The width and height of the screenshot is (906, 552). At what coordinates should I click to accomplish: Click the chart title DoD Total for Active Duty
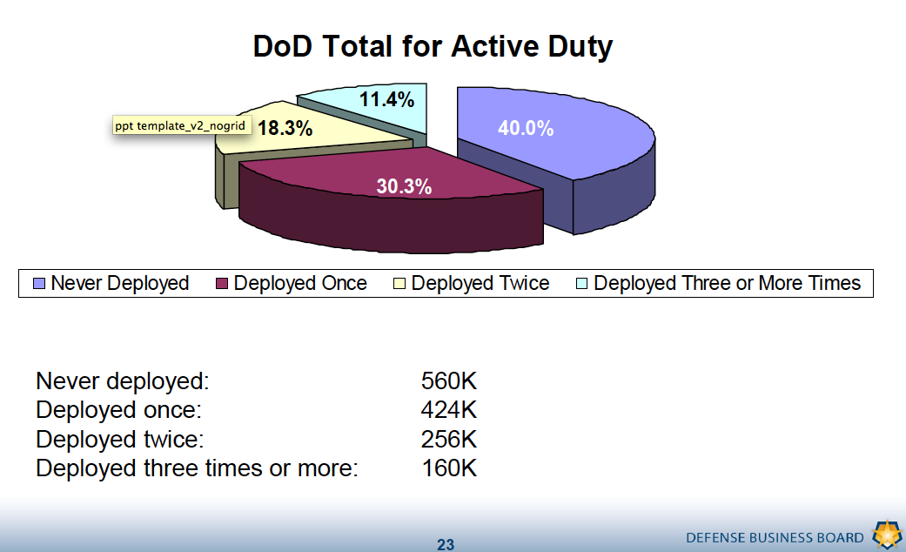(x=433, y=46)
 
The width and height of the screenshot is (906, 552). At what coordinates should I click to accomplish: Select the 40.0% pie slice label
(x=526, y=128)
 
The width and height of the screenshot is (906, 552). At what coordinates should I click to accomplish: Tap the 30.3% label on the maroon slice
(x=404, y=186)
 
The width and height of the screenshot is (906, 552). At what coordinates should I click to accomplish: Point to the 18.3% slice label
(x=285, y=128)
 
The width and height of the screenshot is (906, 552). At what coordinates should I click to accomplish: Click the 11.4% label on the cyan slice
(x=386, y=99)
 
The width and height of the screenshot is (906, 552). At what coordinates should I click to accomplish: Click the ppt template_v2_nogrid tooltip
(x=180, y=125)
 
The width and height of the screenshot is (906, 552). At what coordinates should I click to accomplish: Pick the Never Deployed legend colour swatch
(x=39, y=284)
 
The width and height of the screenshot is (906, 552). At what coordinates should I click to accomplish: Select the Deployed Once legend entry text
(x=300, y=284)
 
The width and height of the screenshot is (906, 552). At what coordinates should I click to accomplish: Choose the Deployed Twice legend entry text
(x=480, y=284)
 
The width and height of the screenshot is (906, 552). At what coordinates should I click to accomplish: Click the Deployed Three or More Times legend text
(x=727, y=284)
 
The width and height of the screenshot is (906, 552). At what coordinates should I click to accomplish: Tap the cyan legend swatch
(x=582, y=284)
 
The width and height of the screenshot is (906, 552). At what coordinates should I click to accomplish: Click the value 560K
(x=448, y=381)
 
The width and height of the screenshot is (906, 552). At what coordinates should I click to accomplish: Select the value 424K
(x=448, y=410)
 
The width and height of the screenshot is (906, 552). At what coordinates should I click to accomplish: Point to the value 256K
(x=448, y=439)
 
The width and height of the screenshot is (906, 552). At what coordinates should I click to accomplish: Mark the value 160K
(x=448, y=468)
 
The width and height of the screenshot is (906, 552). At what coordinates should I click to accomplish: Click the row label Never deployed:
(x=123, y=381)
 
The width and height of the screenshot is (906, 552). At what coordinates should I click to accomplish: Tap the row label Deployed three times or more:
(x=197, y=468)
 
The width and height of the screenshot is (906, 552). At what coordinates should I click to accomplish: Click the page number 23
(x=446, y=545)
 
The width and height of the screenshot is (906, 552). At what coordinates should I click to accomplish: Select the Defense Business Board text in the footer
(x=775, y=537)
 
